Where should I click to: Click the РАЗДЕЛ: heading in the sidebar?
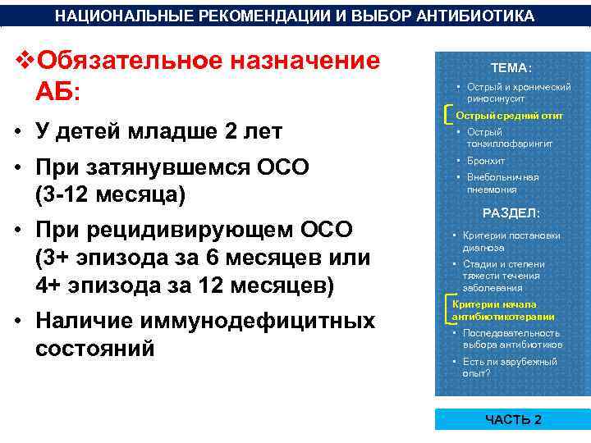(x=511, y=212)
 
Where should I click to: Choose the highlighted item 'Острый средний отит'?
(x=509, y=116)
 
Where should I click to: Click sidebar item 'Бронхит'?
(x=486, y=161)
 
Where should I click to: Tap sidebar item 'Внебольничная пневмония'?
(x=502, y=183)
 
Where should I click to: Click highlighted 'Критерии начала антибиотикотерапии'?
(x=503, y=309)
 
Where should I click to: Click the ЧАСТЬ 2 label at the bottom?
(x=513, y=419)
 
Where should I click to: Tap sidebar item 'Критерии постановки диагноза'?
(x=511, y=241)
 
